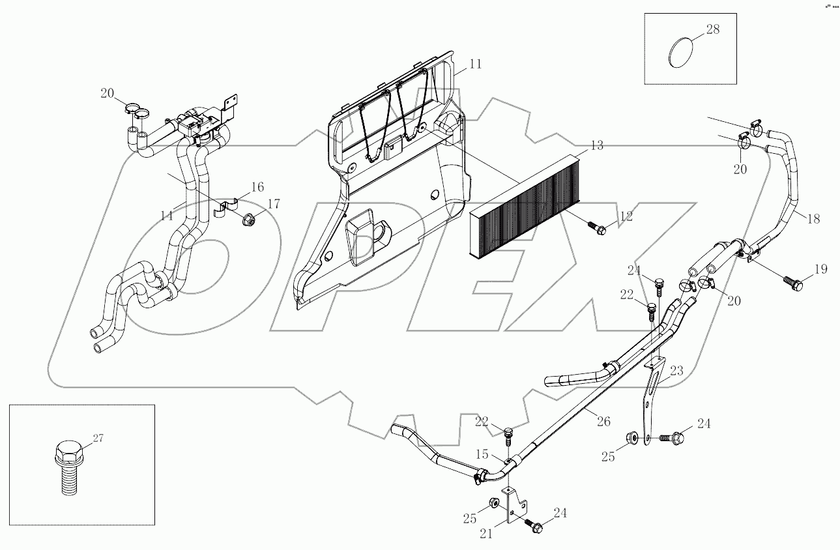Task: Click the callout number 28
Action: pos(713,29)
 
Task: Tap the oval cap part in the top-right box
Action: pos(681,52)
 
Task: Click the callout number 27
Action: pos(98,439)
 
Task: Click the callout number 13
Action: pos(597,145)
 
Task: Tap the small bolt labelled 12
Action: pos(597,227)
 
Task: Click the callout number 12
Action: pos(626,215)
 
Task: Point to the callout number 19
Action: pos(820,268)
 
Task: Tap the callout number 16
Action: pos(257,188)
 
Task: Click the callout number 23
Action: pos(676,371)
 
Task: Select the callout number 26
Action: pos(604,422)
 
